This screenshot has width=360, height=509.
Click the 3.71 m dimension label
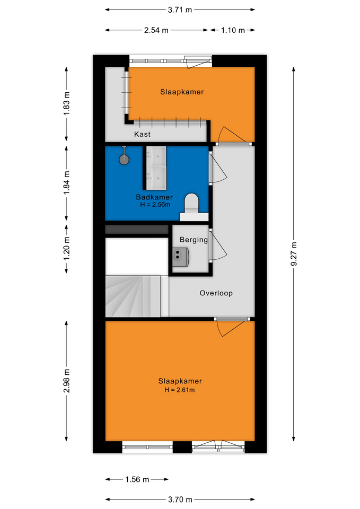point(180,10)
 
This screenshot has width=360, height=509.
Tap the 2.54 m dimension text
point(156,30)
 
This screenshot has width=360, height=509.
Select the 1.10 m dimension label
point(233,30)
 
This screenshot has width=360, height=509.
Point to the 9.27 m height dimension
point(293,254)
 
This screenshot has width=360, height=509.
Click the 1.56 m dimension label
point(137,479)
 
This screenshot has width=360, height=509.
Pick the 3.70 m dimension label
point(180,499)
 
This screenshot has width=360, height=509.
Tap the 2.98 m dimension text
point(67,381)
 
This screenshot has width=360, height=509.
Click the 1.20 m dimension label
point(67,248)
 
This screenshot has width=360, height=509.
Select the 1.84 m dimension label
point(67,183)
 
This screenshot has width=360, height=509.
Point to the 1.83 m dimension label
point(67,103)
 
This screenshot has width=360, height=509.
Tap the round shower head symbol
point(124,160)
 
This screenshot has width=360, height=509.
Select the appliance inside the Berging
point(180,257)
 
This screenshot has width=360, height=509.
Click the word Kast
point(142,134)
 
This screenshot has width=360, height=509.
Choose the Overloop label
point(216,293)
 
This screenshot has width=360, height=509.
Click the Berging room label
point(194,240)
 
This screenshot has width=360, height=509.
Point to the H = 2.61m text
point(180,390)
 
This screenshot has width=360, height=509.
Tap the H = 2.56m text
point(155,205)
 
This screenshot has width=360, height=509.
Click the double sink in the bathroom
point(156,168)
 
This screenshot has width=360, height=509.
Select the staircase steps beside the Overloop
point(137,296)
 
